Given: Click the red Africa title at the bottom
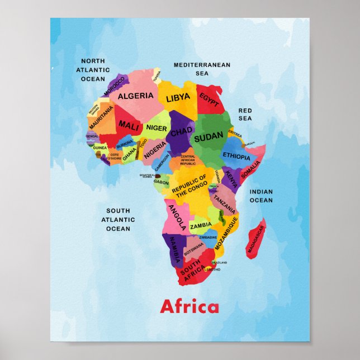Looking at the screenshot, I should pyautogui.click(x=190, y=307).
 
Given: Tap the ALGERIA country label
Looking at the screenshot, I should pyautogui.click(x=135, y=96).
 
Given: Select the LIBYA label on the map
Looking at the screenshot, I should pyautogui.click(x=178, y=98).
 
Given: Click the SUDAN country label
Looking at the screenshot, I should pyautogui.click(x=209, y=135).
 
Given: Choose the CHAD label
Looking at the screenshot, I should pyautogui.click(x=181, y=132).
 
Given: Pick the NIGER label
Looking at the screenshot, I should pyautogui.click(x=157, y=128).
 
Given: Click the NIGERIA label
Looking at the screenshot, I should pyautogui.click(x=156, y=149).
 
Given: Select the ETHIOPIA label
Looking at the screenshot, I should pyautogui.click(x=236, y=156).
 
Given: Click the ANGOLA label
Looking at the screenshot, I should pyautogui.click(x=177, y=217).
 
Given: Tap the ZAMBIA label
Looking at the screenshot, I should pyautogui.click(x=201, y=226).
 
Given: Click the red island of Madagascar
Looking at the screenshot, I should pyautogui.click(x=256, y=240).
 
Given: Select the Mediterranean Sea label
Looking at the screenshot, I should pyautogui.click(x=202, y=69).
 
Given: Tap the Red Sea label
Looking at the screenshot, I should pyautogui.click(x=245, y=114).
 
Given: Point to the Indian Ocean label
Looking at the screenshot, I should pyautogui.click(x=261, y=196).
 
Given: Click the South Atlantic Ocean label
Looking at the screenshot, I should pyautogui.click(x=118, y=220).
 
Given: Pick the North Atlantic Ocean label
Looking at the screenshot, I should pyautogui.click(x=93, y=70).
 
